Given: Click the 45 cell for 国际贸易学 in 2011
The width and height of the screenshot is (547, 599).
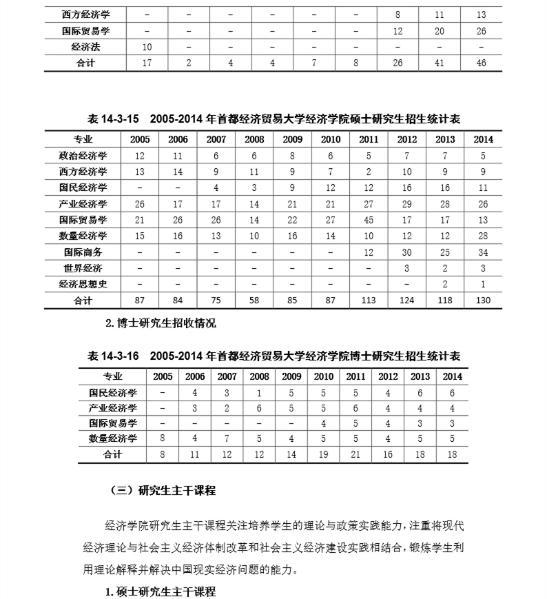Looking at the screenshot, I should pyautogui.click(x=368, y=221).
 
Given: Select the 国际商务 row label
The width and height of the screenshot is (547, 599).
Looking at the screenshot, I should pyautogui.click(x=83, y=252).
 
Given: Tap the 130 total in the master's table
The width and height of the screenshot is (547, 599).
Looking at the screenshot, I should pyautogui.click(x=483, y=301).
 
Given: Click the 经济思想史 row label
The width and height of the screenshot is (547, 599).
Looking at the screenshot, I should pyautogui.click(x=83, y=284).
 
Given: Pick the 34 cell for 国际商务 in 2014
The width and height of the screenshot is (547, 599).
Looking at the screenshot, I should pyautogui.click(x=483, y=252).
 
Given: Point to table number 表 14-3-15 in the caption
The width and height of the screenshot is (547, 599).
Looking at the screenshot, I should pyautogui.click(x=114, y=119).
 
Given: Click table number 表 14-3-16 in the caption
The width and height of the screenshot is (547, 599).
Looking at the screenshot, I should pyautogui.click(x=114, y=356).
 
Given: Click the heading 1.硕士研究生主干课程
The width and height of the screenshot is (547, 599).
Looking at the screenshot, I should pyautogui.click(x=161, y=591).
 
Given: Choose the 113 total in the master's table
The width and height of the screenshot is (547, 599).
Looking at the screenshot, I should pyautogui.click(x=368, y=301).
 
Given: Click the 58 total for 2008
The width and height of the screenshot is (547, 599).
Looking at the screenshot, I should pyautogui.click(x=254, y=301).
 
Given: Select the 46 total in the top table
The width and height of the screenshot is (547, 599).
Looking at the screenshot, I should pyautogui.click(x=481, y=63).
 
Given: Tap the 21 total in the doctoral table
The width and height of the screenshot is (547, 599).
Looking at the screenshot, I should pyautogui.click(x=355, y=454).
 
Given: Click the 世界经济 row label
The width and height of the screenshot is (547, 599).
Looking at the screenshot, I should pyautogui.click(x=83, y=268).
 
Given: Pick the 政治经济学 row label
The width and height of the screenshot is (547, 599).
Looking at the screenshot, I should pyautogui.click(x=83, y=156).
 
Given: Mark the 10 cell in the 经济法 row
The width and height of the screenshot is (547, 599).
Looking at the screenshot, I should pyautogui.click(x=147, y=47).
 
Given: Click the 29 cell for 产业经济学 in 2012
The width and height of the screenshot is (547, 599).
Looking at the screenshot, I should pyautogui.click(x=406, y=204).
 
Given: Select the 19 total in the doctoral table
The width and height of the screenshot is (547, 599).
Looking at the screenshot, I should pyautogui.click(x=323, y=454).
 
